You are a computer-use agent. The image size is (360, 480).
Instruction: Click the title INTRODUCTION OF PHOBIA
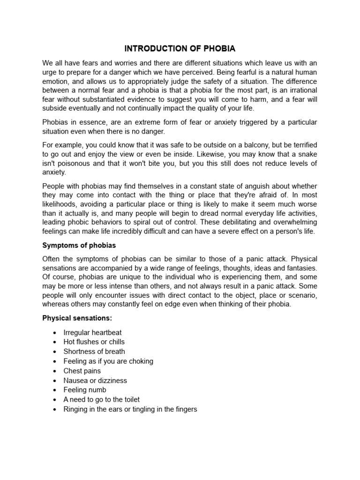tap(180, 48)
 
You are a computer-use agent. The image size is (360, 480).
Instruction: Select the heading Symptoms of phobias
tap(79, 245)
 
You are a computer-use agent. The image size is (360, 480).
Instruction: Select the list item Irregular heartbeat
tap(92, 332)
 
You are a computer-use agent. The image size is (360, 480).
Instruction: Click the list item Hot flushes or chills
tap(94, 342)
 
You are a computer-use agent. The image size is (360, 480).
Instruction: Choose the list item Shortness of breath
tap(94, 352)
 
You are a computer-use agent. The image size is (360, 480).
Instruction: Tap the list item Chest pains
tap(82, 371)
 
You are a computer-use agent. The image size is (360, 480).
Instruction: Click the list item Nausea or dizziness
tap(95, 380)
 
